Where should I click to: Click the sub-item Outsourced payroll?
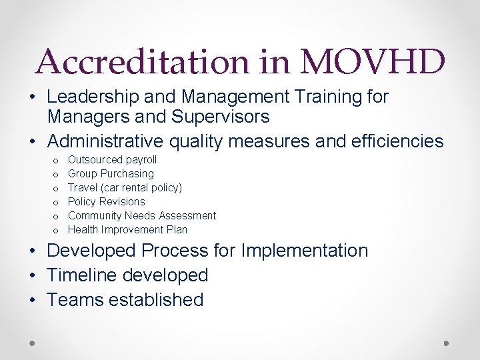112,160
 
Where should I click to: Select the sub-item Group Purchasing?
111,174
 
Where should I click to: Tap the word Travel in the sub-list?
83,188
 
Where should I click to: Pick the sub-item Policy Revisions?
106,202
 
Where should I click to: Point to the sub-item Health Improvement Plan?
127,230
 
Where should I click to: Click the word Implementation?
305,251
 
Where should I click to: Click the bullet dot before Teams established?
33,300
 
